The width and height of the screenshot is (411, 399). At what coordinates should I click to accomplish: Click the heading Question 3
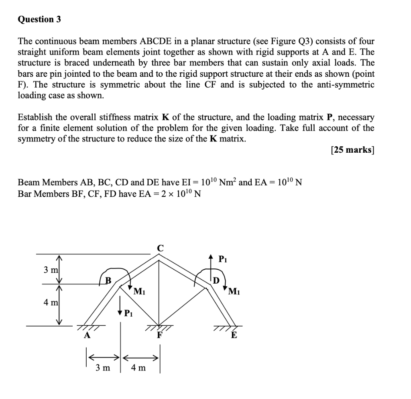click(39, 19)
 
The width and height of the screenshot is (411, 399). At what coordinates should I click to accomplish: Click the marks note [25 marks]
click(352, 151)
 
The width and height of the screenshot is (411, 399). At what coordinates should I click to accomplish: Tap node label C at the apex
click(160, 248)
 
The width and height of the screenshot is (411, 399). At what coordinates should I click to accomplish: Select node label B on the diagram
click(107, 280)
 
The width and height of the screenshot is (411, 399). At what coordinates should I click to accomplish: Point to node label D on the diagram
click(216, 280)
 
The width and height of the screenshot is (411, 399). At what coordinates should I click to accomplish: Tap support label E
click(234, 336)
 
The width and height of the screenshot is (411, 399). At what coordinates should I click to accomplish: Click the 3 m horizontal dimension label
click(103, 367)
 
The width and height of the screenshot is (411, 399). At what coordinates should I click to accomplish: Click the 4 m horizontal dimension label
click(138, 367)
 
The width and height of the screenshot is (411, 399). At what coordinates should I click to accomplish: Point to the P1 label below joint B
click(128, 313)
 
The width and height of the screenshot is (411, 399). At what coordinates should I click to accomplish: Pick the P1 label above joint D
click(223, 260)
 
